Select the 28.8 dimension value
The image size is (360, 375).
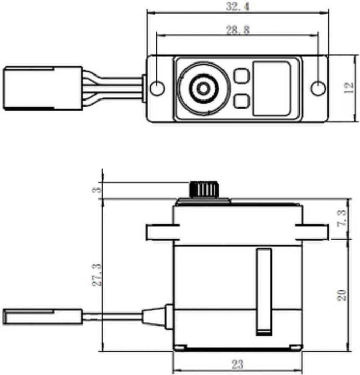tap(238, 30)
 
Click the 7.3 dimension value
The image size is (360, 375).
tap(341, 219)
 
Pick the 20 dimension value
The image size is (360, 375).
tap(341, 295)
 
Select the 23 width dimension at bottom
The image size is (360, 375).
tap(237, 364)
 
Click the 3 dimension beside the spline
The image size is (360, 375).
tap(96, 190)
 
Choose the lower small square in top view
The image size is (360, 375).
tap(241, 101)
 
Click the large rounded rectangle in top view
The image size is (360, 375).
tap(271, 89)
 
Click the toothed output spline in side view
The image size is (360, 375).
tap(204, 189)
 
